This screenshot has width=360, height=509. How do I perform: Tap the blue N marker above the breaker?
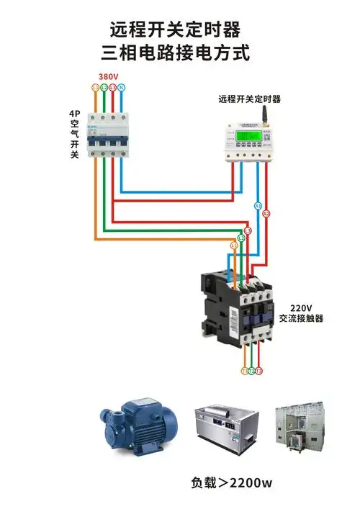122,87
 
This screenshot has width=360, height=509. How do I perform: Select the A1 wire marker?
258,206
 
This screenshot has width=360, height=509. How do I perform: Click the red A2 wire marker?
266,214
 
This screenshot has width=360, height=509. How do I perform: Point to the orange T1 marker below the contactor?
244,371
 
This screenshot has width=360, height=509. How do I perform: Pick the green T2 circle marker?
251,371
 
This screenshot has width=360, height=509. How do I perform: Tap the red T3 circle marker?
259,371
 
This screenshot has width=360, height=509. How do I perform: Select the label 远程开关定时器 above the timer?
249,99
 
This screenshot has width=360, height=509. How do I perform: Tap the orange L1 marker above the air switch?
96,87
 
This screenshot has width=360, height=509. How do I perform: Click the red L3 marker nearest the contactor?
248,230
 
